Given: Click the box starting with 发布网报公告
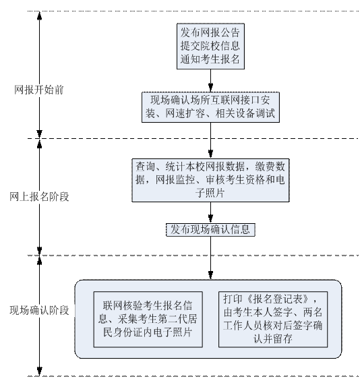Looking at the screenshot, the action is pos(210,46).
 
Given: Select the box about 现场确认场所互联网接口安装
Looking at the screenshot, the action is pos(210,107).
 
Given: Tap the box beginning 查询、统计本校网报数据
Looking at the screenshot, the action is pos(210,180).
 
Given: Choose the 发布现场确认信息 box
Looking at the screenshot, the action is pos(210,230).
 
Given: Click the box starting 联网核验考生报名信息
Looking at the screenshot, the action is pos(148,320).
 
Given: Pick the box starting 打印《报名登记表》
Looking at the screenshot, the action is pos(273,320).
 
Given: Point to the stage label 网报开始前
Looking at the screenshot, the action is pos(39,90).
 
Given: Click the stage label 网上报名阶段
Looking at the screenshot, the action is pos(39,197).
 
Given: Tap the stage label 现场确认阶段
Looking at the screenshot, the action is pos(39,310).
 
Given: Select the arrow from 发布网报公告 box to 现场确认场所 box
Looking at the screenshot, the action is pos(210,80).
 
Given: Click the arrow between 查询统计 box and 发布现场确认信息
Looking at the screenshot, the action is pos(210,212).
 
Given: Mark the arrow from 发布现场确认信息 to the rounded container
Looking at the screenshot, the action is pos(210,258).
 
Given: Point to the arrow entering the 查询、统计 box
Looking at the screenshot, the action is pos(210,140).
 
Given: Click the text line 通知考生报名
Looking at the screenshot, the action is pos(210,59).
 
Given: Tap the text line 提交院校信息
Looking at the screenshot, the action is pos(210,46).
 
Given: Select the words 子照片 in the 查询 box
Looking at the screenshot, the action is pos(210,193).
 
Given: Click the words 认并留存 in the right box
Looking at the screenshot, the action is pos(273,338).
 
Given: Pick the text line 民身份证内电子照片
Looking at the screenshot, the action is pos(148,332).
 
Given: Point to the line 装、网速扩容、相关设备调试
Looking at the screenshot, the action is pos(210,113).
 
